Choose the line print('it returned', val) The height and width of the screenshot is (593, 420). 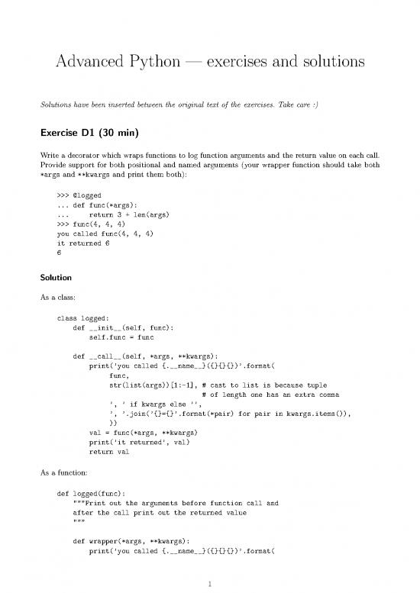pos(137,442)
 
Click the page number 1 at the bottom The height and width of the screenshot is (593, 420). pos(210,585)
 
